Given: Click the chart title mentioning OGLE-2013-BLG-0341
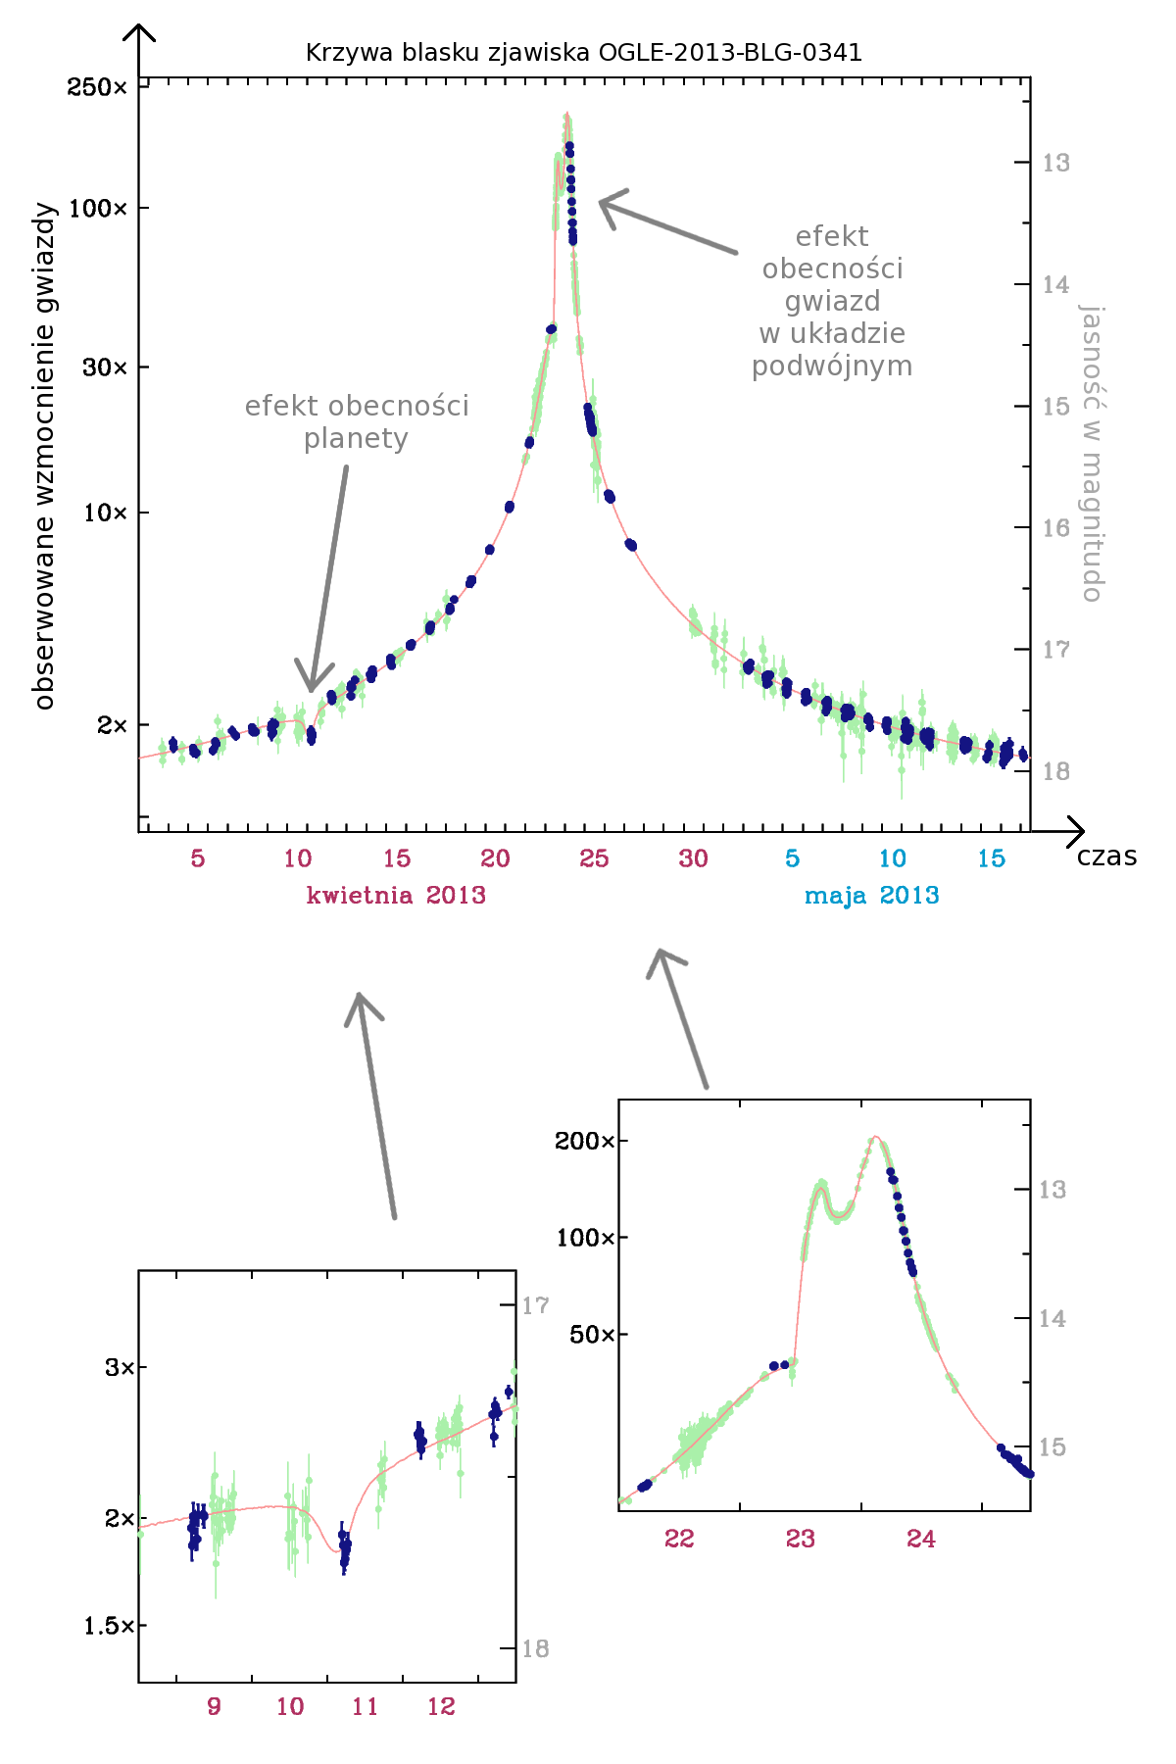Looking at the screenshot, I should (584, 52).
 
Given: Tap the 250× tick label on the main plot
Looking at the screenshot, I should (97, 87).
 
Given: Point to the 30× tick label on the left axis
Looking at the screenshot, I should (105, 367).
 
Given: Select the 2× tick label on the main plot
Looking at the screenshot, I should (111, 725).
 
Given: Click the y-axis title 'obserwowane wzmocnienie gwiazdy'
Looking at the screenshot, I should (44, 456).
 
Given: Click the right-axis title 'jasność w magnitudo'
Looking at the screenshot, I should (1092, 453).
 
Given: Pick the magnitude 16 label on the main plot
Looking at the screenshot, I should (1055, 528).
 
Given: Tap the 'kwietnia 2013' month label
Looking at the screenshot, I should (396, 895).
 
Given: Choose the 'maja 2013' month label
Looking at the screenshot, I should (871, 895).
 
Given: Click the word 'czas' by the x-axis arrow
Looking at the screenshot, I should (1106, 857).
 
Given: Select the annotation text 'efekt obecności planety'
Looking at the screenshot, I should (357, 421).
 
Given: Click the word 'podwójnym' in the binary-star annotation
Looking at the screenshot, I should (832, 367).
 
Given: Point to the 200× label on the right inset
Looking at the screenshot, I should (584, 1141).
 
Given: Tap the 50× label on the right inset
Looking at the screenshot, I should (592, 1335).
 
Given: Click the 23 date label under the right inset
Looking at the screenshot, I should (800, 1539).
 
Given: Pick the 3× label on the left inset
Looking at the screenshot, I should (120, 1367).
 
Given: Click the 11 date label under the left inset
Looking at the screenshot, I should (365, 1706).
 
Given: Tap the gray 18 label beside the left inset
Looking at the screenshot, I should (535, 1648).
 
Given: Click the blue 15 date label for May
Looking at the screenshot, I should (991, 858).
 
